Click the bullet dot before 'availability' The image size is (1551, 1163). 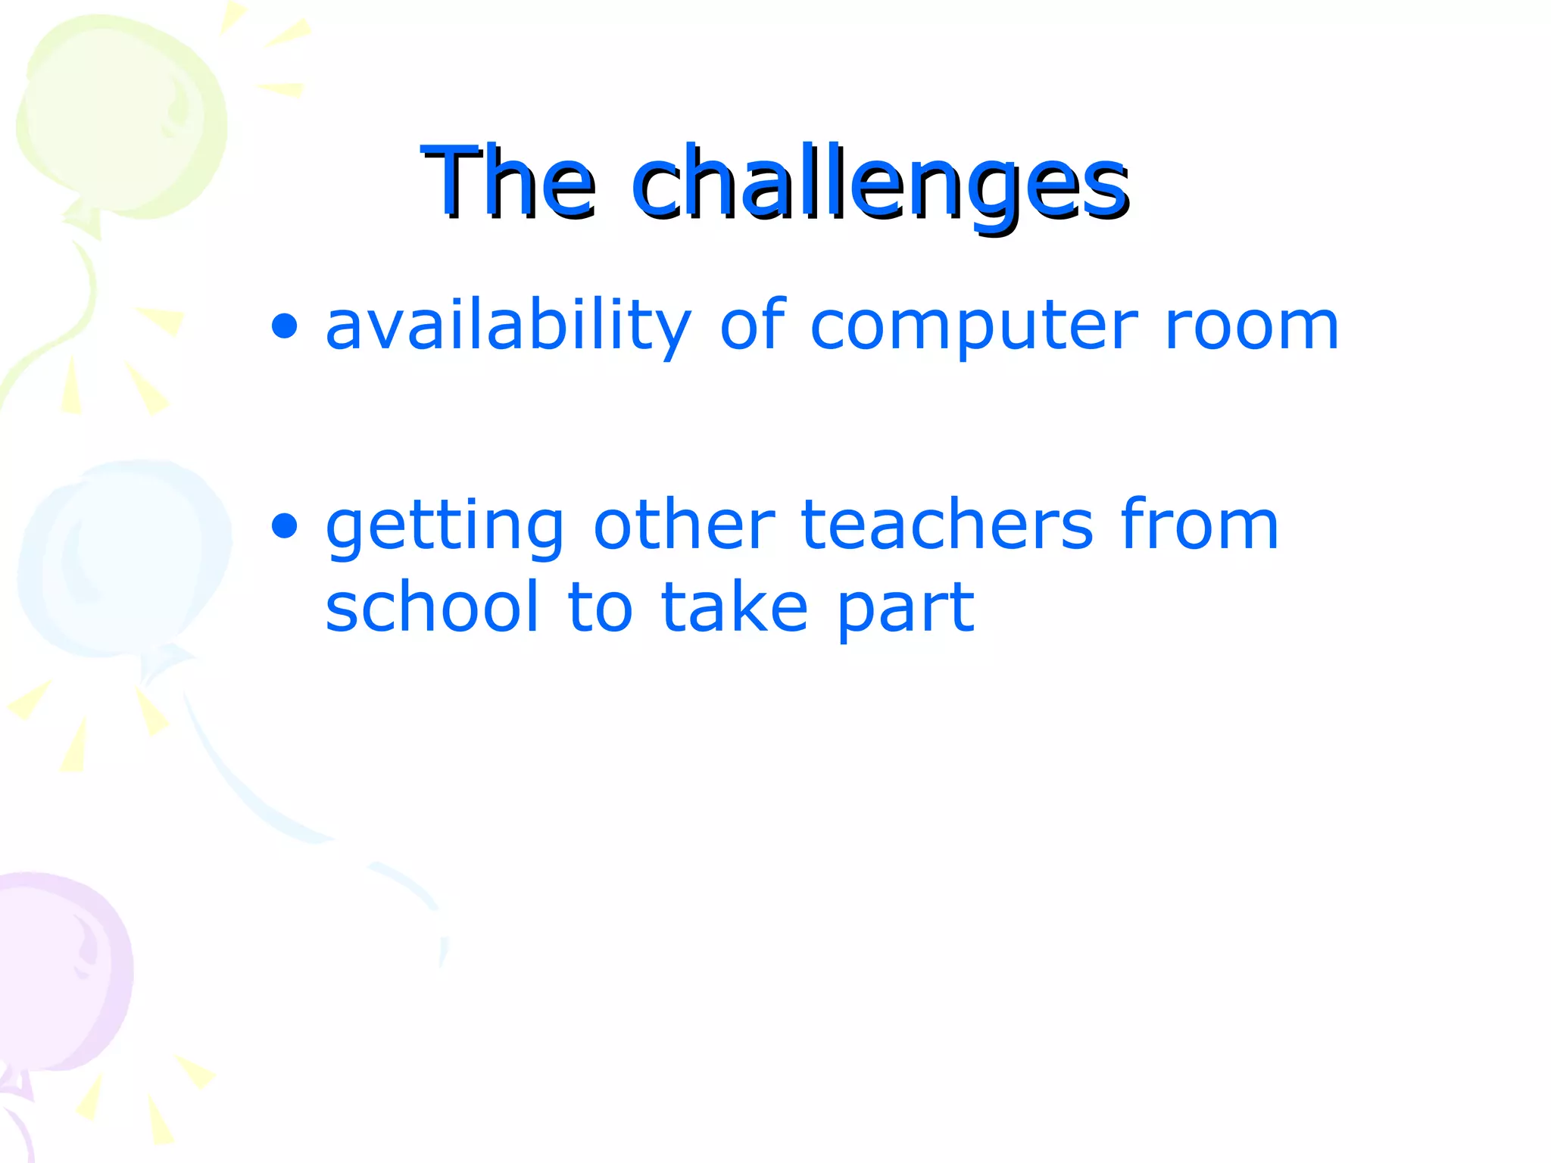tap(285, 327)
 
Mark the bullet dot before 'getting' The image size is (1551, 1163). tap(285, 525)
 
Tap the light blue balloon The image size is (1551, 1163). tap(125, 557)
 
